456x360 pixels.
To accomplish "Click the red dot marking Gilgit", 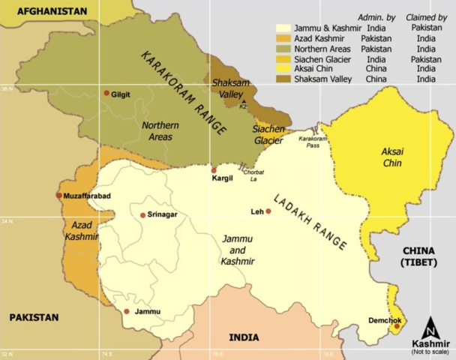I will pyautogui.click(x=106, y=93).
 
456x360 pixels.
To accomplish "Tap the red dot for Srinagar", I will pyautogui.click(x=142, y=215).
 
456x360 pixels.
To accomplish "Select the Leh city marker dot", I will pyautogui.click(x=268, y=211).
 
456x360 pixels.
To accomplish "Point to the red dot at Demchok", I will pyautogui.click(x=397, y=326).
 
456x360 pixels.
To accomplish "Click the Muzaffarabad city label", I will pyautogui.click(x=88, y=196).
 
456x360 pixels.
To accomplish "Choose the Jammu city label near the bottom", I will pyautogui.click(x=147, y=311).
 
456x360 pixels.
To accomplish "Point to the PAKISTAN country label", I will pyautogui.click(x=34, y=317).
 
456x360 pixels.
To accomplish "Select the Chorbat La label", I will pyautogui.click(x=254, y=175).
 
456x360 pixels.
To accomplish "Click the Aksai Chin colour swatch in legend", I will pyautogui.click(x=283, y=68).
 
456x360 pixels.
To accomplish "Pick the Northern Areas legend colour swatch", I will pyautogui.click(x=283, y=48).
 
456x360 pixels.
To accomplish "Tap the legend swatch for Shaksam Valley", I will pyautogui.click(x=283, y=79).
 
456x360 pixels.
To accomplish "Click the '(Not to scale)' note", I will pyautogui.click(x=430, y=352).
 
